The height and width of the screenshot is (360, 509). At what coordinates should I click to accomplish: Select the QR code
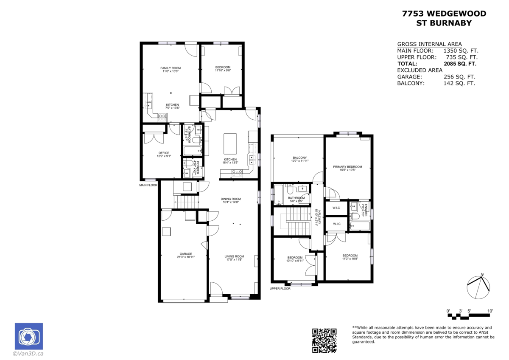pos(324,340)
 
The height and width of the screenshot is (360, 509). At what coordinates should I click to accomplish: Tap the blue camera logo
pos(29,336)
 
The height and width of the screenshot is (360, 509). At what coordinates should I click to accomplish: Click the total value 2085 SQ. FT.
pos(460,64)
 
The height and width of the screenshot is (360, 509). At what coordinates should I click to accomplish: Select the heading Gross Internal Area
pos(429,44)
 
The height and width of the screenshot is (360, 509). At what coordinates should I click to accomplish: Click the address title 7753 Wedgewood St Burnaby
pos(444,18)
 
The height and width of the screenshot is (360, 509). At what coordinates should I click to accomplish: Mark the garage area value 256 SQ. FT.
pos(459,77)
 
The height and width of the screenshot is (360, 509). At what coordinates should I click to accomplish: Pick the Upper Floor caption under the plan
pos(280,289)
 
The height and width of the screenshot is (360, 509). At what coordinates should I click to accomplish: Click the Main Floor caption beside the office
pos(148,185)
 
